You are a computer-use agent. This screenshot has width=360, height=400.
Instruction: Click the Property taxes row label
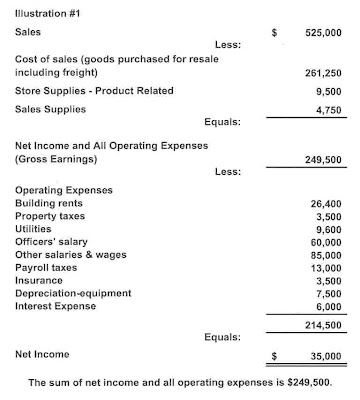pyautogui.click(x=51, y=216)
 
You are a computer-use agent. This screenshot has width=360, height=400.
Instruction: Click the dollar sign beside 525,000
pyautogui.click(x=274, y=32)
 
